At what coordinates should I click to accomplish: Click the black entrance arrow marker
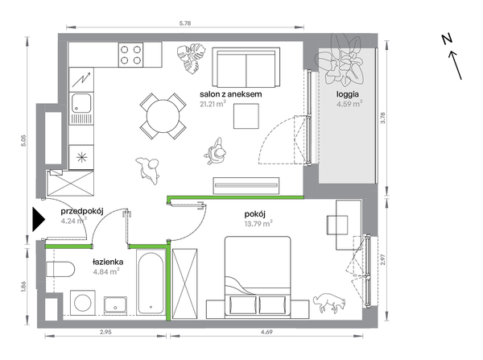point(38,219)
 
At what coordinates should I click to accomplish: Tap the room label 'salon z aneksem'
point(231,94)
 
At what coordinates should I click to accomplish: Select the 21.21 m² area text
point(213,104)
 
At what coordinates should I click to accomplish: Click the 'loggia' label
point(348,94)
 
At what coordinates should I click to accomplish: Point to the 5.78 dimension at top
point(185,23)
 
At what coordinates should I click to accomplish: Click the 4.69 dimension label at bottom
point(266,333)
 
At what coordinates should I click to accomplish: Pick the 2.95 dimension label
point(105,333)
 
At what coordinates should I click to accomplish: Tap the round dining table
point(163,116)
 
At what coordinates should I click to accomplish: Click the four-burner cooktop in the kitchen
point(130,55)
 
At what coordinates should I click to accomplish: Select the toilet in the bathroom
point(60,270)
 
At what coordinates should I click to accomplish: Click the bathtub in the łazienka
point(151,283)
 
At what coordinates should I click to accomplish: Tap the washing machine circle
point(83,303)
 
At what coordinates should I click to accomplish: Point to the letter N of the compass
point(447,39)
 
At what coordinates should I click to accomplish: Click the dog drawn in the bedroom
point(329,302)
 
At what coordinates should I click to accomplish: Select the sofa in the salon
point(246,67)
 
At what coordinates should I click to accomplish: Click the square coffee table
point(246,116)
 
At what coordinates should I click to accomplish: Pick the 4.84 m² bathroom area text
point(106,271)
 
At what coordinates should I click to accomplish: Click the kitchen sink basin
point(81,103)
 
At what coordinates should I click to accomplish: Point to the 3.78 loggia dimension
point(383,118)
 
